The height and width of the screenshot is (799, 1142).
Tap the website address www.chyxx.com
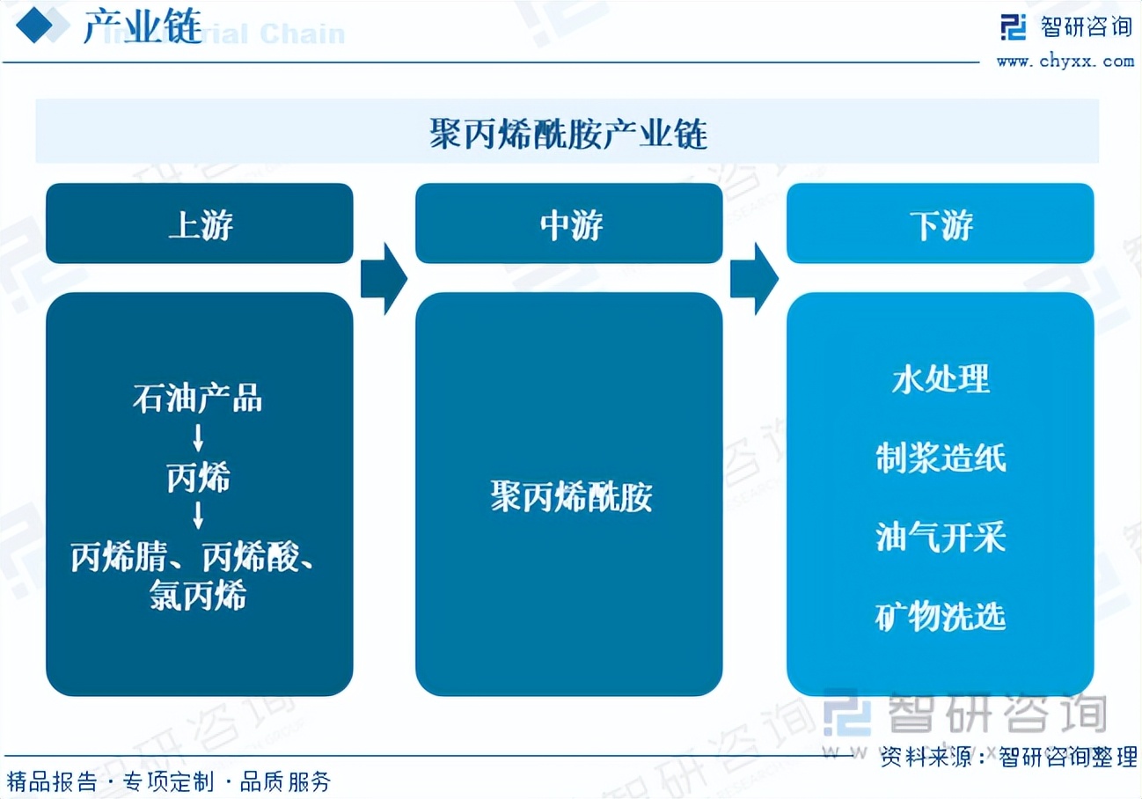click(x=1065, y=61)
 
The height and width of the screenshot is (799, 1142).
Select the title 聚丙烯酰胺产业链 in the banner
click(x=567, y=135)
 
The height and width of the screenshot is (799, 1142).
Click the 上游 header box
click(x=200, y=224)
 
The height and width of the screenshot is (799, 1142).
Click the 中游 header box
click(x=569, y=224)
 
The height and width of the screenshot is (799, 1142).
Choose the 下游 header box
click(x=940, y=224)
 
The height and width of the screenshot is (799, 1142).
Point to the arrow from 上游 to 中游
click(x=384, y=278)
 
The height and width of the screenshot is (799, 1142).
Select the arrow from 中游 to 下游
click(x=754, y=278)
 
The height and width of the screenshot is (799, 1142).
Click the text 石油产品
click(x=198, y=399)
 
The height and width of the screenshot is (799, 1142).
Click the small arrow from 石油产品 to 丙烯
click(x=199, y=438)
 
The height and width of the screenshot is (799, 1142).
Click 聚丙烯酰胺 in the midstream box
click(x=570, y=497)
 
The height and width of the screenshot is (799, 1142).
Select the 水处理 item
click(x=941, y=379)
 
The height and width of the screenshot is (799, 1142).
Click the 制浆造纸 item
click(x=941, y=458)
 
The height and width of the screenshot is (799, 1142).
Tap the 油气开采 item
click(x=941, y=537)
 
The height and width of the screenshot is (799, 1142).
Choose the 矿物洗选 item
click(x=941, y=617)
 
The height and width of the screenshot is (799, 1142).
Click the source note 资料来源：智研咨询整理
click(x=1008, y=756)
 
